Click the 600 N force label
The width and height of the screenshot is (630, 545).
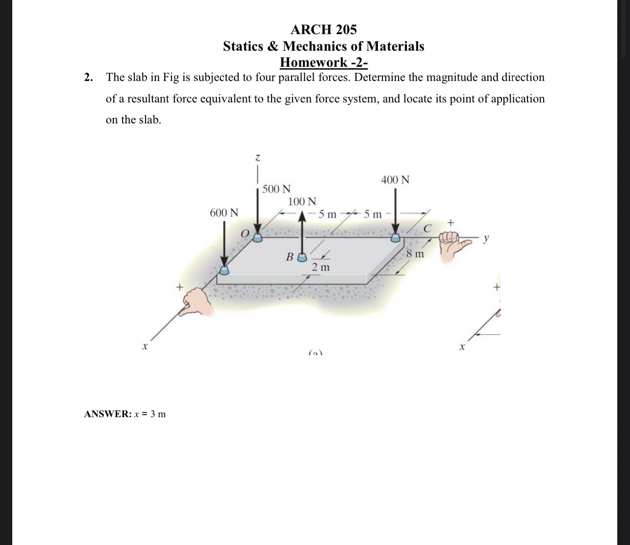pos(224,213)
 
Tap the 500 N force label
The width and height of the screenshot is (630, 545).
pos(276,189)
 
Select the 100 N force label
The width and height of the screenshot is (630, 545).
pos(302,202)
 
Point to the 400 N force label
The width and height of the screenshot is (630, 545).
pos(395,180)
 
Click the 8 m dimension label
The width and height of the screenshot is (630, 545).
pos(415,254)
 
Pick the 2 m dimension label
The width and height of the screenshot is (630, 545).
pos(321,267)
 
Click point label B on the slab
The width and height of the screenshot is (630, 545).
pos(290,257)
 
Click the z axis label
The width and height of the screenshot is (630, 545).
pos(257,158)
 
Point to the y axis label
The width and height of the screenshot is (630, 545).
pos(486,239)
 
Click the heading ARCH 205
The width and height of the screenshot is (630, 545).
pos(323,30)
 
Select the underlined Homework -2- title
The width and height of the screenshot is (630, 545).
pos(323,62)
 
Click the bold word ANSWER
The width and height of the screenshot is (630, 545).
pos(107,414)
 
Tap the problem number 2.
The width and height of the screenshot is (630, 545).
pos(88,78)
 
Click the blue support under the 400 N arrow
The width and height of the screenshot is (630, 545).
pos(395,238)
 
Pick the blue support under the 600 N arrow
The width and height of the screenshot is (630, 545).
pos(224,270)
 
